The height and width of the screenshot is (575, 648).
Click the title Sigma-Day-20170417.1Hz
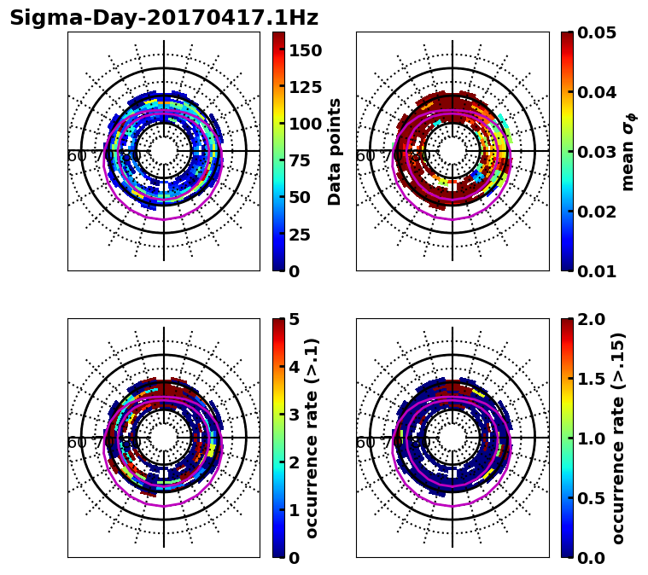[x=164, y=18]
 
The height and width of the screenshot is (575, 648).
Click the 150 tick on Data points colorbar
[x=305, y=50]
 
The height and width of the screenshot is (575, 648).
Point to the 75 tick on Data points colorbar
[x=300, y=161]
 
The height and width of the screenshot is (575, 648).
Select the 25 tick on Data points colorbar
[x=300, y=235]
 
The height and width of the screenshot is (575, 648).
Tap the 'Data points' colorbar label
[x=335, y=152]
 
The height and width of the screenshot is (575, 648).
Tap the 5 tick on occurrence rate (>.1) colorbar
[x=295, y=319]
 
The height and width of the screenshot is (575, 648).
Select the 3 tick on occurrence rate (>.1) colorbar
[x=295, y=415]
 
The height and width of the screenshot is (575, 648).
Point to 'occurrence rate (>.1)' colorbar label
[x=312, y=439]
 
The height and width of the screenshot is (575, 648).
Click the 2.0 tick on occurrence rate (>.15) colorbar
[x=588, y=319]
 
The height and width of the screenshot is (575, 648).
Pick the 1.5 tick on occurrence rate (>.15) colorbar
[x=588, y=379]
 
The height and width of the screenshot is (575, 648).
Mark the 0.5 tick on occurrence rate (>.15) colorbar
[x=588, y=498]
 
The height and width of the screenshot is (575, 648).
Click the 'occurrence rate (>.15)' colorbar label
[x=618, y=439]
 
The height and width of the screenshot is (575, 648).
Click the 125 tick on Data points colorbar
[x=305, y=87]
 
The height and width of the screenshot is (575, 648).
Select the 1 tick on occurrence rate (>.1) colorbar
[x=295, y=510]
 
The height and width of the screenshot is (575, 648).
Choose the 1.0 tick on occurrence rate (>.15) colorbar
[x=588, y=439]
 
